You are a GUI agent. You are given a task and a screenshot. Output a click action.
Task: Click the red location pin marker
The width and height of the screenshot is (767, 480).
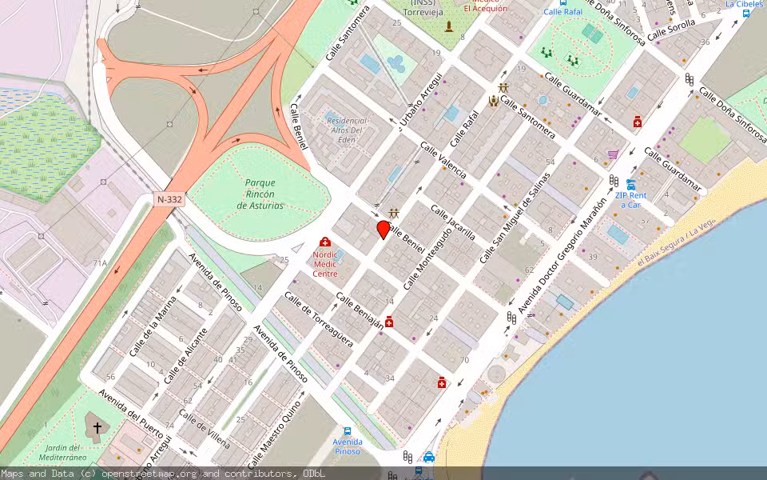(383, 229)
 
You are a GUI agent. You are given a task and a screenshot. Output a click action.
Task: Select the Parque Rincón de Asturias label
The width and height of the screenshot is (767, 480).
(260, 194)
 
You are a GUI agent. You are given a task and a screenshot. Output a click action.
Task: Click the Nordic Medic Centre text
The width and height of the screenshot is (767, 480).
(325, 263)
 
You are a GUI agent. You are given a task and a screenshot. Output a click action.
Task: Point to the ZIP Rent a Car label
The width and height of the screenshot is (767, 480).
(630, 199)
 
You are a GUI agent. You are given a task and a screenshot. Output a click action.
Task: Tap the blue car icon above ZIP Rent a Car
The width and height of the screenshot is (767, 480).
(630, 184)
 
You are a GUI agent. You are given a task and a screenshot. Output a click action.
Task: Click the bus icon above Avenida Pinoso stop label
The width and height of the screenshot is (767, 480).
(347, 430)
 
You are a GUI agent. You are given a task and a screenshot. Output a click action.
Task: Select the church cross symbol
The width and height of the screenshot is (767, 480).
(97, 428)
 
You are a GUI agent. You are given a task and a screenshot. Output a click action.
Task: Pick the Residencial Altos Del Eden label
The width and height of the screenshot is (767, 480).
(345, 130)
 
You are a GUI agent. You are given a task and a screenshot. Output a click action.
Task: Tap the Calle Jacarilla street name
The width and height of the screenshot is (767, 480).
(453, 222)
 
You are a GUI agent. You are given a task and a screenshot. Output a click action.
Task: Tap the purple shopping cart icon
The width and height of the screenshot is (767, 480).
(613, 154)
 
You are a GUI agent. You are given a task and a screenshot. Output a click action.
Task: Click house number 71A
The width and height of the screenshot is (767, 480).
(99, 263)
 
